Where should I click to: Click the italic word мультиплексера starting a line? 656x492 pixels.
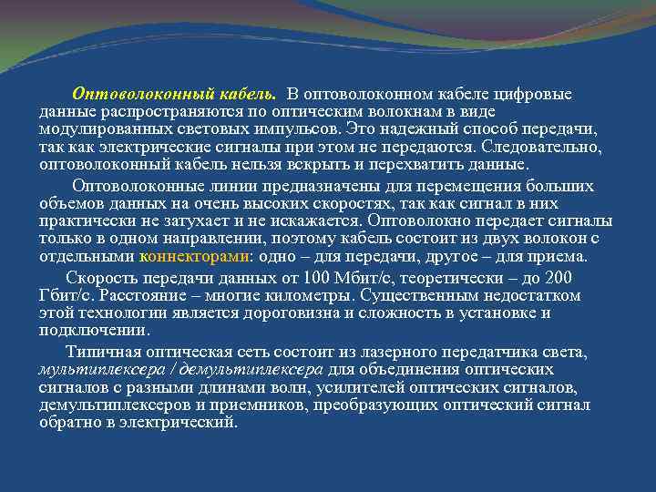(95, 370)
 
